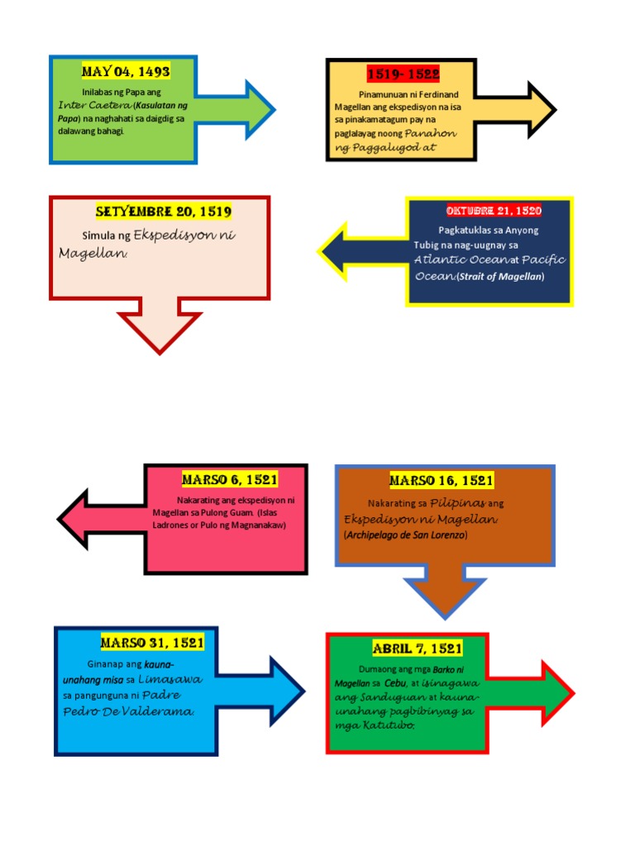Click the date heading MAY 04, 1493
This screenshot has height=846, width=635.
pyautogui.click(x=126, y=72)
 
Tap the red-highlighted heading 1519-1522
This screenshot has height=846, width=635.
pyautogui.click(x=403, y=74)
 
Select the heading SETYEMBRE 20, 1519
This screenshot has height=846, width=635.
pyautogui.click(x=163, y=211)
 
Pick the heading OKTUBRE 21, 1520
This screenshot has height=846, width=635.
pyautogui.click(x=494, y=211)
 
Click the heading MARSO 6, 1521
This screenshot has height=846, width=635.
pyautogui.click(x=230, y=479)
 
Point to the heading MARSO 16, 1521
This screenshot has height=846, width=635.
pyautogui.click(x=442, y=480)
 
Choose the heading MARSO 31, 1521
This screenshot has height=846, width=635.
pyautogui.click(x=152, y=642)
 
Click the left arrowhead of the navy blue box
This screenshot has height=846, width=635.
pyautogui.click(x=339, y=251)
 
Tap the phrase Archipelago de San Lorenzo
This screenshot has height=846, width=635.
pyautogui.click(x=406, y=535)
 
